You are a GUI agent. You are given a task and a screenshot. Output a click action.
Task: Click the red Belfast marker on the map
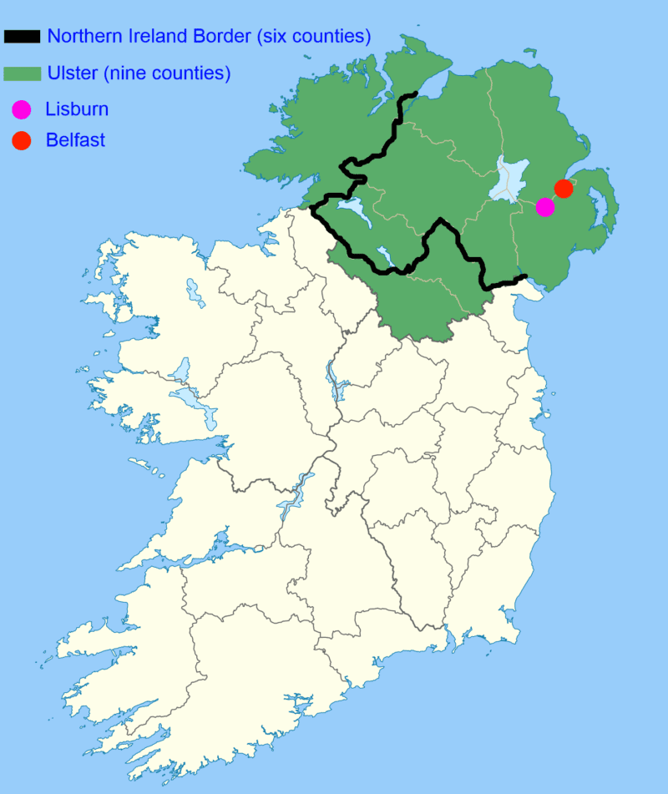pyautogui.click(x=564, y=189)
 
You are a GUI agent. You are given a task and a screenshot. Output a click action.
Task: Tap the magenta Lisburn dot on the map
pyautogui.click(x=544, y=207)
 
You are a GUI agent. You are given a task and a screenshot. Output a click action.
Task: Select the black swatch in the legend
pyautogui.click(x=23, y=37)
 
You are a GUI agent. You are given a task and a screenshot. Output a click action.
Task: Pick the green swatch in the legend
pyautogui.click(x=23, y=74)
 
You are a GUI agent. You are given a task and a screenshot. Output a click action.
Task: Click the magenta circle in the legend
pyautogui.click(x=22, y=109)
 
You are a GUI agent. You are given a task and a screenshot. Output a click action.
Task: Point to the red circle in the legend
pyautogui.click(x=22, y=140)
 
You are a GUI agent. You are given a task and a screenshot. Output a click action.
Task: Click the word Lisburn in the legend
pyautogui.click(x=77, y=109)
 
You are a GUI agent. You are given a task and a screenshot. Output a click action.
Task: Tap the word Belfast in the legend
pyautogui.click(x=75, y=140)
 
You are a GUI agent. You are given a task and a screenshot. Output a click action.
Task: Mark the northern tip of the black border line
pyautogui.click(x=415, y=94)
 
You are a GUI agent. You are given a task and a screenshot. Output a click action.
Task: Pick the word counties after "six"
pyautogui.click(x=332, y=37)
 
